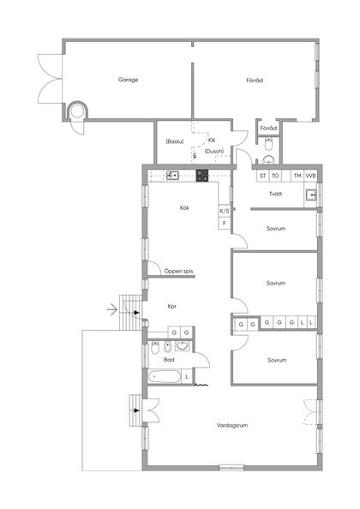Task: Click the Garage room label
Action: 129,80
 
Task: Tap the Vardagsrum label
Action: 232,425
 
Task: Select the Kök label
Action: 184,207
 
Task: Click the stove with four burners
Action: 202,176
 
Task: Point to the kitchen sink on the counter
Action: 172,176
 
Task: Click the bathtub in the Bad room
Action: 165,376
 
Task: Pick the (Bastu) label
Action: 175,141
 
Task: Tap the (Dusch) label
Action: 214,151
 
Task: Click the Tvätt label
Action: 276,194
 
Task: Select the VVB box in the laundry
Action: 310,176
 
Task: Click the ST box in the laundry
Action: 262,176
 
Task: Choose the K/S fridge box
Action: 225,211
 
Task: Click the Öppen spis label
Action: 178,271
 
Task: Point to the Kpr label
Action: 171,306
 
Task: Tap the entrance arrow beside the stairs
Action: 111,309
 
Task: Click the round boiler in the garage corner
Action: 78,111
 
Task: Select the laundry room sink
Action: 311,195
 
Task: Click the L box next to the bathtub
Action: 187,377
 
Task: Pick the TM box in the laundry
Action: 297,176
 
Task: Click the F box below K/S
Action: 225,224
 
